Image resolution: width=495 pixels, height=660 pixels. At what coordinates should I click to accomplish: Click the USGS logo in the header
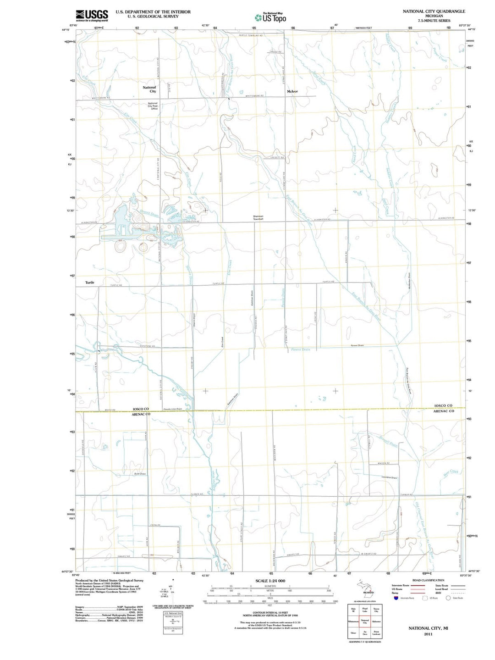coord(92,16)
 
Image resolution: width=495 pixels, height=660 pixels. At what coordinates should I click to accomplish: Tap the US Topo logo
coord(270,17)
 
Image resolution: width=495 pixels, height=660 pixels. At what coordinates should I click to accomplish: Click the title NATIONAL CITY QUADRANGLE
coord(434,11)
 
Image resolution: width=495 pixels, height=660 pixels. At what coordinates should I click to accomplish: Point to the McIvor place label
coord(292,91)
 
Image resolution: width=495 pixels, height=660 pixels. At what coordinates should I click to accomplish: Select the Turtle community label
coord(90,283)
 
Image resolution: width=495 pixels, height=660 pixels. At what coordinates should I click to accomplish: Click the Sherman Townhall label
coord(258,218)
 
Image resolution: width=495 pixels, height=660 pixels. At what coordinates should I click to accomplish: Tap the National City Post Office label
coord(153,106)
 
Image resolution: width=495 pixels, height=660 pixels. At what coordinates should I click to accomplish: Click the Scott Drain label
coord(140,474)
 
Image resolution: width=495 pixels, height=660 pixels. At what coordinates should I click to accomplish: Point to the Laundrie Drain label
coord(389,478)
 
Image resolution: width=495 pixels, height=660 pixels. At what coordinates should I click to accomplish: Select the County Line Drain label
coord(173,409)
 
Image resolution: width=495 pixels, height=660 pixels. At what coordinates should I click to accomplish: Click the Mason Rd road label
coord(384,463)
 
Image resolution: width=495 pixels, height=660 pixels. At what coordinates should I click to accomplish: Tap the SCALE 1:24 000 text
coord(270,581)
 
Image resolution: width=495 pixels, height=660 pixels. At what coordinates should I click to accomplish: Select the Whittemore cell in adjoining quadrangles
coord(353,621)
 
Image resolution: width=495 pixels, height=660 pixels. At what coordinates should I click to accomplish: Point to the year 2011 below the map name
coord(428,634)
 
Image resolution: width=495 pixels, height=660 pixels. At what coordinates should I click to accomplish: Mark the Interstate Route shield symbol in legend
coord(396,598)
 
